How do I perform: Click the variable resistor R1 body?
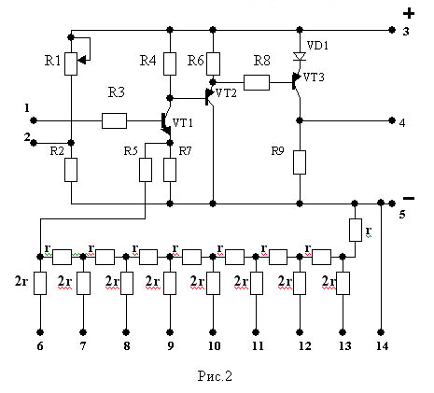[71, 63]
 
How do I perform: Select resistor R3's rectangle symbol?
[114, 120]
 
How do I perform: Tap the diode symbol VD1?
[300, 57]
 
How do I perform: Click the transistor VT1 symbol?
[166, 124]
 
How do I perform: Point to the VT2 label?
[226, 93]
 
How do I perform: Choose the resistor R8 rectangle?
[257, 82]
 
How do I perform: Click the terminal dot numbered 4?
[392, 120]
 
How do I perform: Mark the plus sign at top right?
[409, 13]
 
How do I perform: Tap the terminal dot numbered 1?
[34, 120]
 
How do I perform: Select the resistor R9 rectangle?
[300, 162]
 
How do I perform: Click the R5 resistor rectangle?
[146, 170]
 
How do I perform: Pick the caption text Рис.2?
[215, 376]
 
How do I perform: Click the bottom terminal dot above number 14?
[380, 332]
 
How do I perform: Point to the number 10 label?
[214, 346]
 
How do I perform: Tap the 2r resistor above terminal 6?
[40, 283]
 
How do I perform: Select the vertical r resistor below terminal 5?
[356, 230]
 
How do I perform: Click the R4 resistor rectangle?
[170, 63]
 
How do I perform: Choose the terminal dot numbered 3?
[392, 30]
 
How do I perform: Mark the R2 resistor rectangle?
[71, 170]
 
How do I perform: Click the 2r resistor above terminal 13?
[343, 283]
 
